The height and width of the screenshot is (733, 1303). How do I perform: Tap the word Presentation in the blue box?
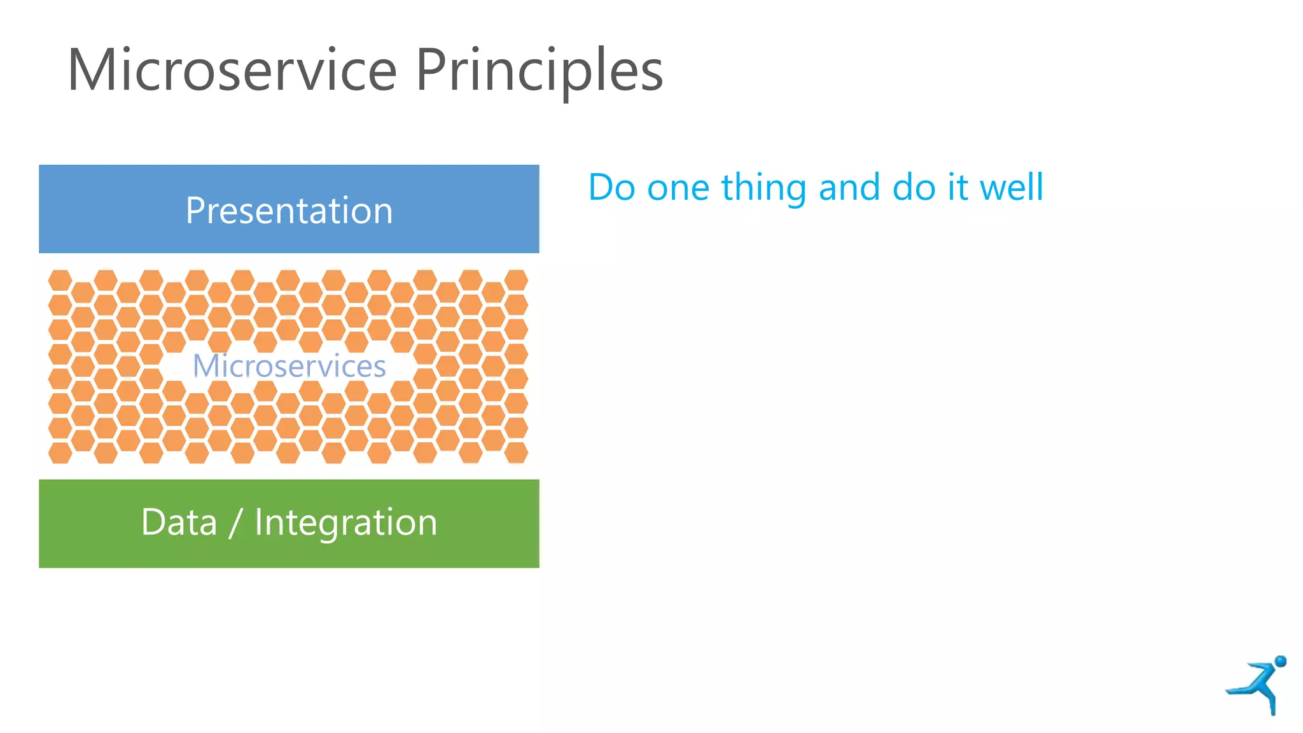click(x=289, y=211)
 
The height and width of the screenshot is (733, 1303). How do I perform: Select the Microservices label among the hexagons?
click(x=289, y=366)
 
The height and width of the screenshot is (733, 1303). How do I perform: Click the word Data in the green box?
click(x=179, y=522)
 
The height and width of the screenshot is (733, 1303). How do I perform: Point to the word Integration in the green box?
click(x=345, y=522)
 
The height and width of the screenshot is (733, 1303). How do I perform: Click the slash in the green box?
click(x=235, y=524)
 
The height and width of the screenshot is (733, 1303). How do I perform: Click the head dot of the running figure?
click(x=1280, y=661)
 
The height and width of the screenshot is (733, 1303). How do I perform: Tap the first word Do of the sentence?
click(x=611, y=188)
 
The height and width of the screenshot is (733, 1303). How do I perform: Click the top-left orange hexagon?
click(x=60, y=280)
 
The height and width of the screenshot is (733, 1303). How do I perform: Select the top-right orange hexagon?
click(x=516, y=280)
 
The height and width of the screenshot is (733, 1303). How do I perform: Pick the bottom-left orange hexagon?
click(x=60, y=453)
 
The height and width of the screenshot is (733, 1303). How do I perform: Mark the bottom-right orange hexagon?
click(x=516, y=453)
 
